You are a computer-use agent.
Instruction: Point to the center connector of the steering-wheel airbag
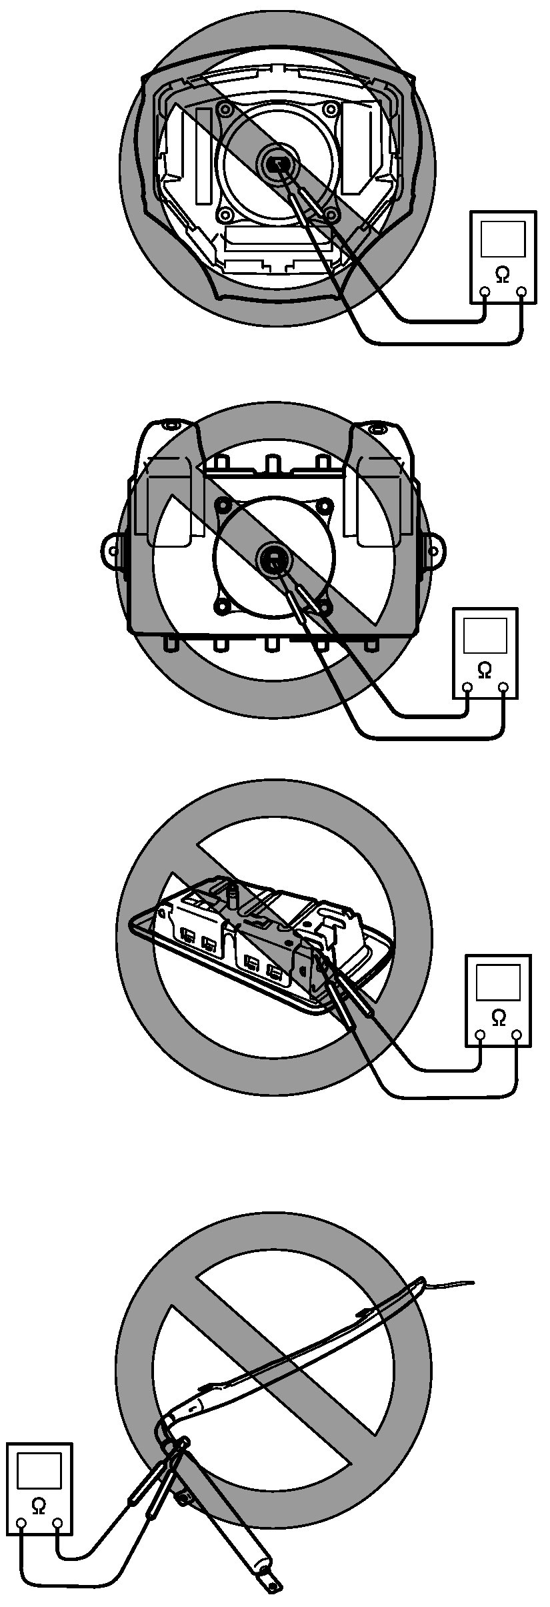tap(275, 162)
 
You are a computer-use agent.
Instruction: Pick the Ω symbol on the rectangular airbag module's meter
tap(485, 669)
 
